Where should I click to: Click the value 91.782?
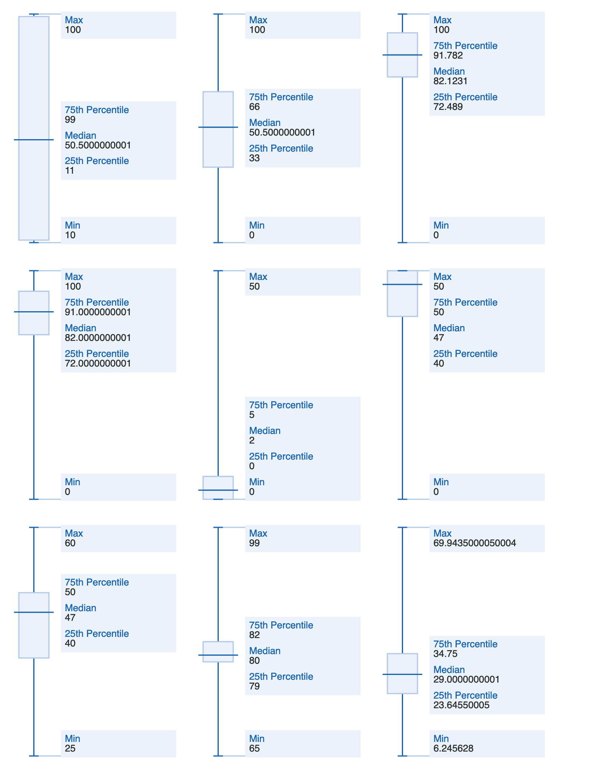tap(448, 56)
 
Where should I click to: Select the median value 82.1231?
tap(450, 81)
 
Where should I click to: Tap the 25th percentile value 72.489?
tap(448, 107)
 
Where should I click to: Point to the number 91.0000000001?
tap(98, 312)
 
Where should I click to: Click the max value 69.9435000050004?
tap(475, 543)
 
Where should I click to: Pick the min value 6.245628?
tap(454, 749)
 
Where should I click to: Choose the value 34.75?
tap(446, 654)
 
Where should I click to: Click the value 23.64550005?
tap(462, 705)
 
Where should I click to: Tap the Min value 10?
tap(70, 235)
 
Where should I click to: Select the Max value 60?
tap(70, 543)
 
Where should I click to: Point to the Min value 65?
tap(254, 749)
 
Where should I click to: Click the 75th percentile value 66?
tap(254, 107)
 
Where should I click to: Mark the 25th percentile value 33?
tap(254, 158)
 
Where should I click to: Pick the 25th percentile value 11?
tap(70, 171)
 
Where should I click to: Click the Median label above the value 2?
tap(265, 431)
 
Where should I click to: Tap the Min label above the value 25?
tap(73, 739)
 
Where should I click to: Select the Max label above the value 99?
tap(258, 533)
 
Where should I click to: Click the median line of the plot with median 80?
tap(218, 655)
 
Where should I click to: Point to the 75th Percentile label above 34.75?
tap(465, 644)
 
